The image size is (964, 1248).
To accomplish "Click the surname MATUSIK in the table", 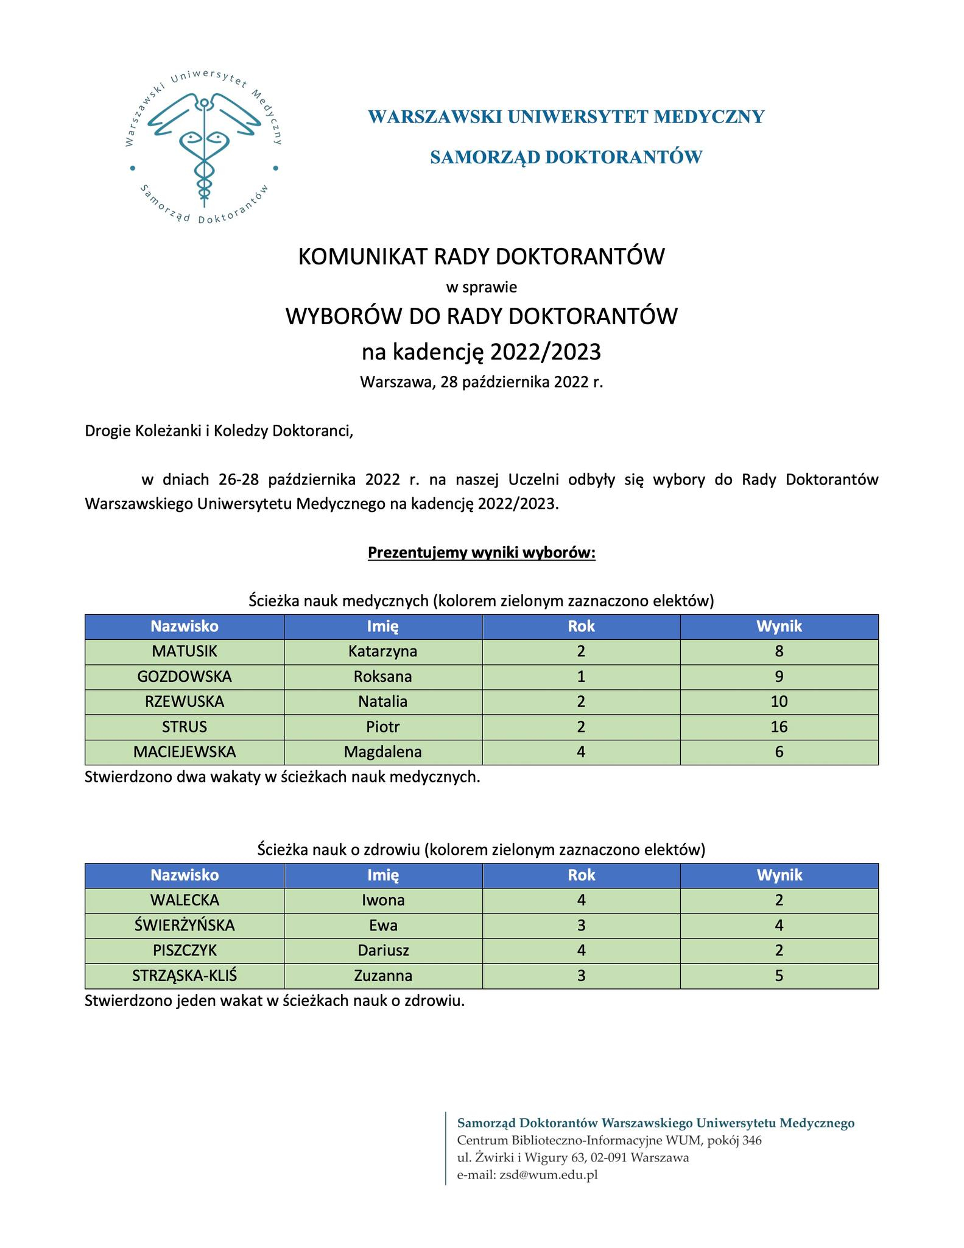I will (x=184, y=651).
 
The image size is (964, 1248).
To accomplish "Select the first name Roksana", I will (x=382, y=676).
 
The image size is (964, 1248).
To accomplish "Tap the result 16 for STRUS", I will (x=778, y=726).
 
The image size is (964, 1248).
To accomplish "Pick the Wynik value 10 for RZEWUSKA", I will (x=778, y=701).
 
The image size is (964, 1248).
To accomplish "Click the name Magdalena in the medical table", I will (x=382, y=751).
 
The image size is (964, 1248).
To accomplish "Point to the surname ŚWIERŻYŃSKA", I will (x=184, y=925).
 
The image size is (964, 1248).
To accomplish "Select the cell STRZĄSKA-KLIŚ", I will (x=184, y=976).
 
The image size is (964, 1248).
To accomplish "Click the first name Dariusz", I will (x=382, y=950).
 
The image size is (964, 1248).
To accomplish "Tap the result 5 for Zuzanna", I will (x=778, y=976).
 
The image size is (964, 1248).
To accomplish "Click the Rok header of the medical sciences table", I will (x=581, y=626).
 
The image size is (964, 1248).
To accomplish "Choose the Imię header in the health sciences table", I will (x=382, y=875).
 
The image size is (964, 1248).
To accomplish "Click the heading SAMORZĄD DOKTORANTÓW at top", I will (x=566, y=157).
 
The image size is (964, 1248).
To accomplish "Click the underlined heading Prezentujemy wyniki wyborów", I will (x=481, y=553).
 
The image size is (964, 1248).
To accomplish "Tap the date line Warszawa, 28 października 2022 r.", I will (x=481, y=382).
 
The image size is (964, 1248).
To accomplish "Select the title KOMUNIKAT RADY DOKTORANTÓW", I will (x=481, y=257).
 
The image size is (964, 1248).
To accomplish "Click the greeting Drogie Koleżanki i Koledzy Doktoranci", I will (x=219, y=431).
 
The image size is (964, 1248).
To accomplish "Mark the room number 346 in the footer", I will (x=751, y=1140).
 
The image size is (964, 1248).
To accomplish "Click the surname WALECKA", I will (x=184, y=900).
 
